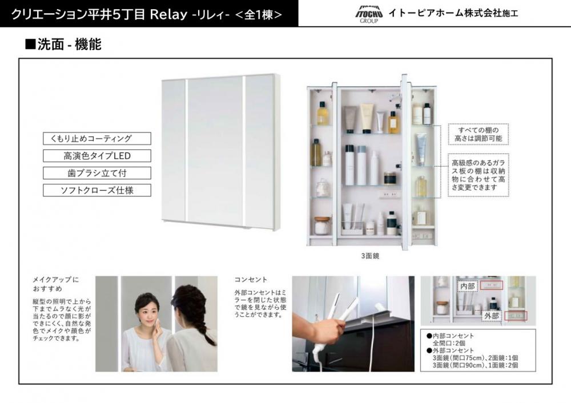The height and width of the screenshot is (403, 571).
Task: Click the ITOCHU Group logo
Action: click(x=369, y=14)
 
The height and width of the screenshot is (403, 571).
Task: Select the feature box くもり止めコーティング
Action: click(x=97, y=138)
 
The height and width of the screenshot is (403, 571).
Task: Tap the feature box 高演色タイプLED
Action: click(x=97, y=156)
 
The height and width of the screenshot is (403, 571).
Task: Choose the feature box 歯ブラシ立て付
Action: click(x=97, y=173)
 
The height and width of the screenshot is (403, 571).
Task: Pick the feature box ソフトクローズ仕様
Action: click(x=97, y=190)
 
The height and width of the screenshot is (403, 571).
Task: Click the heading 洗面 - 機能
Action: click(x=63, y=45)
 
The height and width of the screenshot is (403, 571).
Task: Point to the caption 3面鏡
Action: click(x=370, y=256)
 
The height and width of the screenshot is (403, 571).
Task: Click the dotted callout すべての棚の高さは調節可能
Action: click(x=478, y=134)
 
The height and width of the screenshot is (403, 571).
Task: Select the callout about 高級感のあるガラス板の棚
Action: click(x=478, y=175)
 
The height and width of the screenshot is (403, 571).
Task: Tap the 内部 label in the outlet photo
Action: click(x=468, y=286)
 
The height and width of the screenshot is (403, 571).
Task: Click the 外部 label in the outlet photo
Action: click(x=491, y=316)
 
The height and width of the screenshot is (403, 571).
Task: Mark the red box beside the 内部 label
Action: click(x=491, y=285)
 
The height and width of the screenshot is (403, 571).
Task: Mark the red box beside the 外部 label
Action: click(x=515, y=316)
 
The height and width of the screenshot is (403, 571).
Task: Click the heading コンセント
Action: click(x=251, y=280)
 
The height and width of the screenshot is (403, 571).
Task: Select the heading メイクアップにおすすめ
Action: click(x=56, y=284)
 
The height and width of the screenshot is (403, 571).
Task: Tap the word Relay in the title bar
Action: click(x=168, y=14)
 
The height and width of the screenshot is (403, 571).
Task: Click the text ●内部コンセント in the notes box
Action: click(x=451, y=336)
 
